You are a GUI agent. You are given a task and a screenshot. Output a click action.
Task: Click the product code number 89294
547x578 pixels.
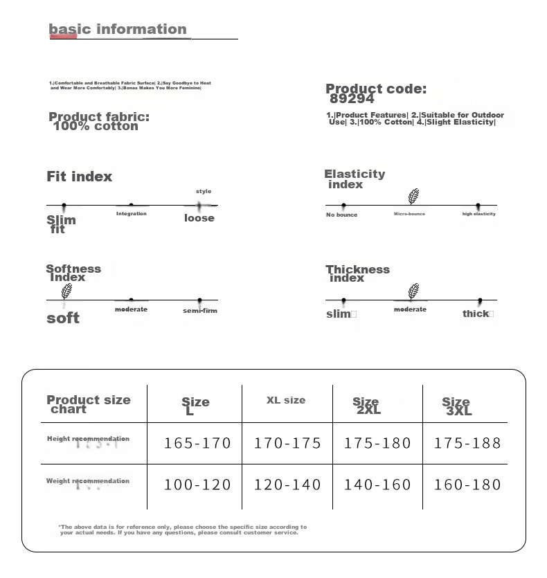pos(352,99)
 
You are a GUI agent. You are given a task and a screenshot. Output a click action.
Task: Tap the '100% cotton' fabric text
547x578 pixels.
pos(96,126)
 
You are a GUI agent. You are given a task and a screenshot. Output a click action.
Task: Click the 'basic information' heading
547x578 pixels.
pos(118,29)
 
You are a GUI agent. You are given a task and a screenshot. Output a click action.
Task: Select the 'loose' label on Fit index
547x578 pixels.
pos(199,218)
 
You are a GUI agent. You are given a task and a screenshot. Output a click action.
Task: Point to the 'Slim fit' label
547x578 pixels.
pos(61,224)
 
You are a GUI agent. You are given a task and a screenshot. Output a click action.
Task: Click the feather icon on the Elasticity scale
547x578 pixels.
pos(413,197)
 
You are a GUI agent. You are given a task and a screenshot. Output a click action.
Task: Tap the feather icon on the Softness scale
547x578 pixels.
pos(66,291)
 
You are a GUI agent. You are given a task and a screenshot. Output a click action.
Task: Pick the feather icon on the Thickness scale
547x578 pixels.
pos(413,291)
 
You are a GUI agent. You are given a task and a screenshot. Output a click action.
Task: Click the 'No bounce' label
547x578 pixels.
pos(342,215)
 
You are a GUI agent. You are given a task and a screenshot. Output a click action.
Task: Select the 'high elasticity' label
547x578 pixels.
pos(479,214)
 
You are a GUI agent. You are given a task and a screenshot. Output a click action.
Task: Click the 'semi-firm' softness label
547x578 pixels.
pos(200,311)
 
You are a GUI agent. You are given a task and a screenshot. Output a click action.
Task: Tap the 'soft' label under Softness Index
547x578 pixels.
pos(63,318)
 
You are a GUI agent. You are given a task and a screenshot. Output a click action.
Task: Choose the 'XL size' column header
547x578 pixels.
pos(286,400)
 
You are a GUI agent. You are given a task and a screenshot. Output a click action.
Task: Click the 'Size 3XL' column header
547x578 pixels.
pos(457,406)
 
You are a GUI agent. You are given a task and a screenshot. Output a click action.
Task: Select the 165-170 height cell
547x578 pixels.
pos(197,443)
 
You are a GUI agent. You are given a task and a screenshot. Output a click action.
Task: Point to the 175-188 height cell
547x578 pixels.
pos(467,443)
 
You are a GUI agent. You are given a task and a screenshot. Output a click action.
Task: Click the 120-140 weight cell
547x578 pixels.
pos(287,485)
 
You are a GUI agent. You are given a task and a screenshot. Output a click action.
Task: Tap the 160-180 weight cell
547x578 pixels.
pos(467,485)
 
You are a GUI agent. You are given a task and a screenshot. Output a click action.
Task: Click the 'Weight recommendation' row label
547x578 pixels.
pos(88,481)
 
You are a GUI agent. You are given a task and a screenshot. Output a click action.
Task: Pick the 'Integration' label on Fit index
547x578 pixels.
pos(132,214)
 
